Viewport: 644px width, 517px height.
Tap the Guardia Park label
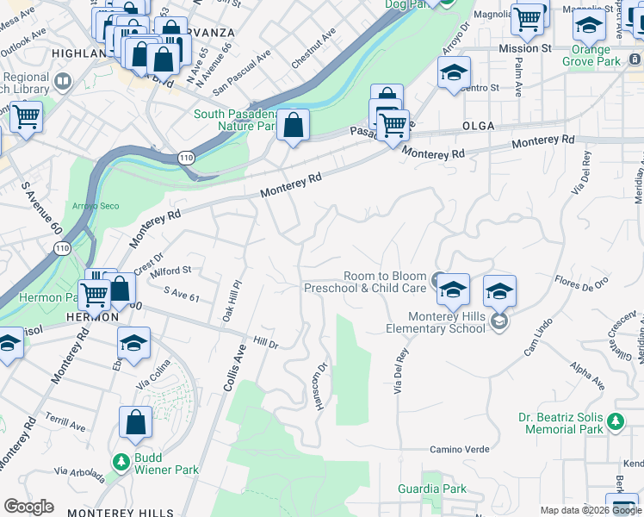click(432, 489)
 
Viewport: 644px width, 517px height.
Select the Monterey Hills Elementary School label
click(436, 322)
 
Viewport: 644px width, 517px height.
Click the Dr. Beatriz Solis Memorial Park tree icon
click(615, 422)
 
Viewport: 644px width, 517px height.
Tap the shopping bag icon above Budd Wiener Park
click(136, 423)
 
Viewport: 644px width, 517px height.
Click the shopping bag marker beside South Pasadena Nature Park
click(294, 125)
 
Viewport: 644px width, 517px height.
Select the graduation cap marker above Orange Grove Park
click(590, 26)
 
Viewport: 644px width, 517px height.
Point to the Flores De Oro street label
click(582, 281)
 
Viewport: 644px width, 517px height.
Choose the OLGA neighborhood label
click(478, 126)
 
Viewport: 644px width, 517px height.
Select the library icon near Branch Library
click(63, 82)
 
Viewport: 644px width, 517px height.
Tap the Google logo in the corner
click(28, 507)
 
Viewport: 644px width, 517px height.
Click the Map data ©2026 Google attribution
click(590, 510)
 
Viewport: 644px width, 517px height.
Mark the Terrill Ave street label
click(65, 427)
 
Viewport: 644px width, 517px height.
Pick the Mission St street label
click(524, 49)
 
